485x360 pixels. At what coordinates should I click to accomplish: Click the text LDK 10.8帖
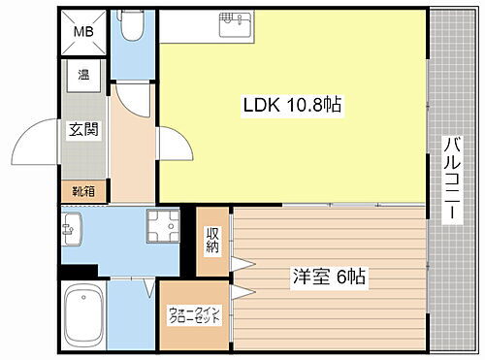point(290,105)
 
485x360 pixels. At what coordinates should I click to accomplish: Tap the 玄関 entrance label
point(83,129)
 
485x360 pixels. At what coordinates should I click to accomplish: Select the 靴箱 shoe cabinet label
point(83,192)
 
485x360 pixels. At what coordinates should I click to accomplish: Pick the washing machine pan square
point(162,229)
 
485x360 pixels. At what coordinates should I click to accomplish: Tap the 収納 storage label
point(212,239)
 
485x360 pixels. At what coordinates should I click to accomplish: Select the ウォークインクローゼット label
point(194,315)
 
